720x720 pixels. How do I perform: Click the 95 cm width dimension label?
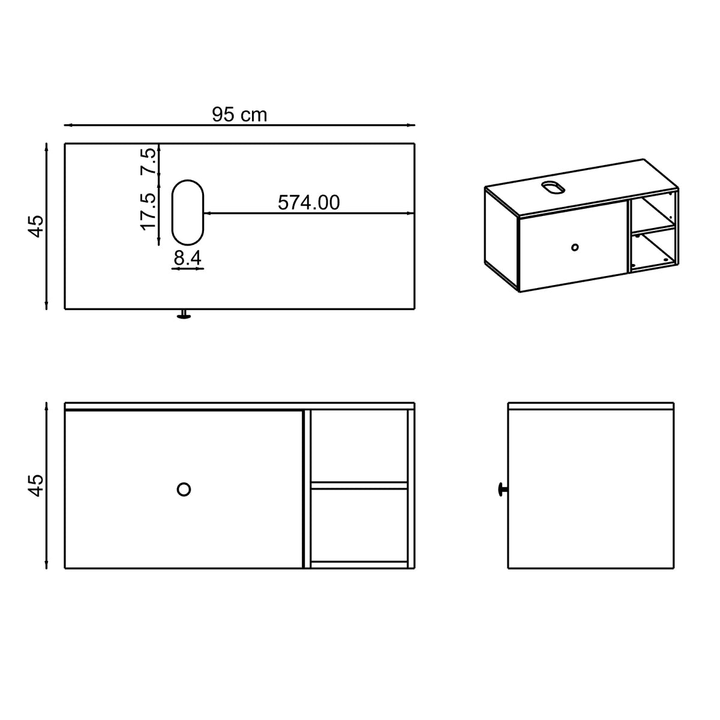[x=239, y=115]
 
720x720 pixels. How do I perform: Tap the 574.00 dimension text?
[x=308, y=203]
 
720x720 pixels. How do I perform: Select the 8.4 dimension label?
[x=188, y=258]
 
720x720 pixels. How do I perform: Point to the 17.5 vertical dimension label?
[x=148, y=211]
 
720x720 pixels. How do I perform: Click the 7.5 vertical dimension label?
[x=148, y=161]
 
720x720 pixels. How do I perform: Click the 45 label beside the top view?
[x=36, y=226]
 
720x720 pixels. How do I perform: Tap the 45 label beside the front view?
[x=36, y=485]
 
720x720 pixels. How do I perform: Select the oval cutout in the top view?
[x=172, y=212]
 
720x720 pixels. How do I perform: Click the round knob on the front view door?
[x=184, y=489]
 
